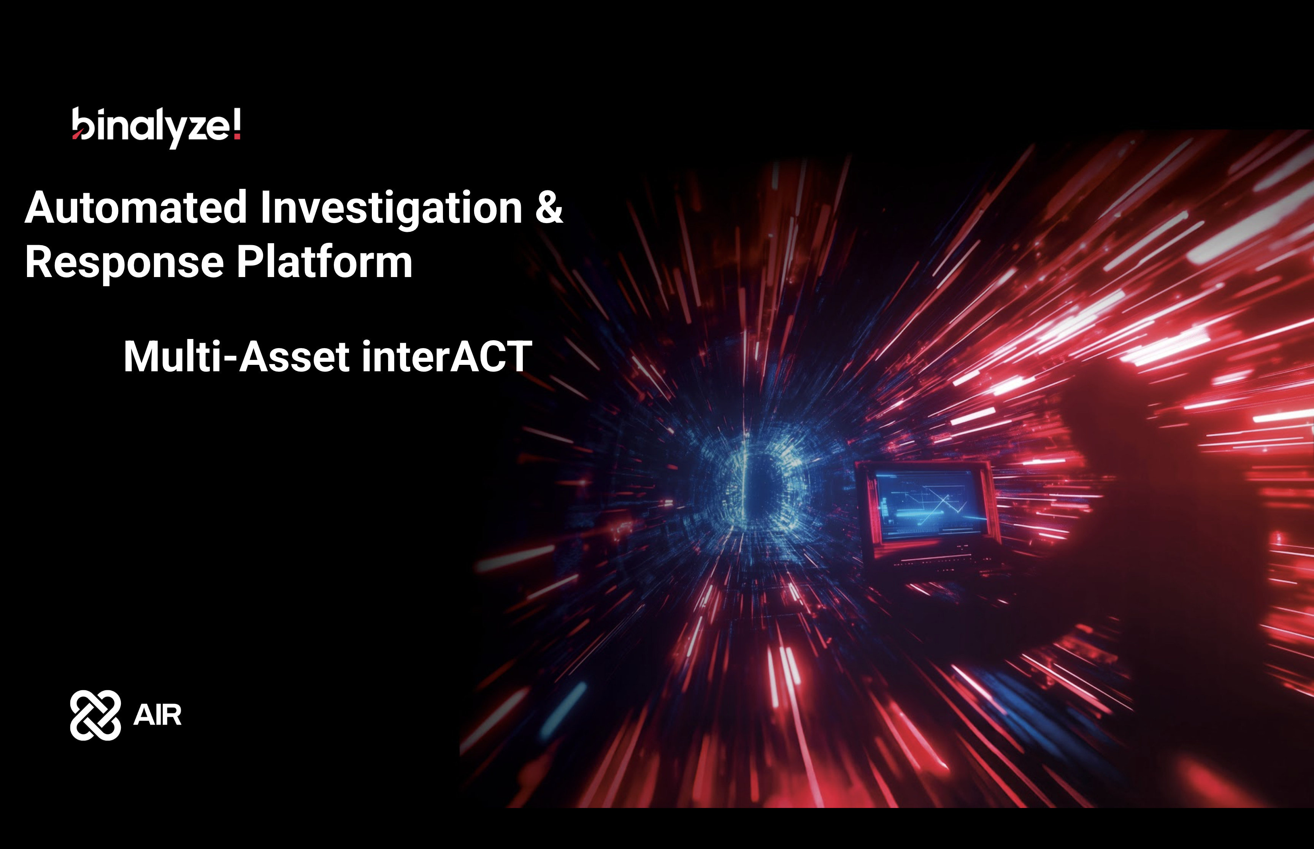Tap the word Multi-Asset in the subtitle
click(x=236, y=356)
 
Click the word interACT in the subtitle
click(x=447, y=356)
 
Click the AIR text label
click(x=157, y=715)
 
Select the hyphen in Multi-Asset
click(x=230, y=359)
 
